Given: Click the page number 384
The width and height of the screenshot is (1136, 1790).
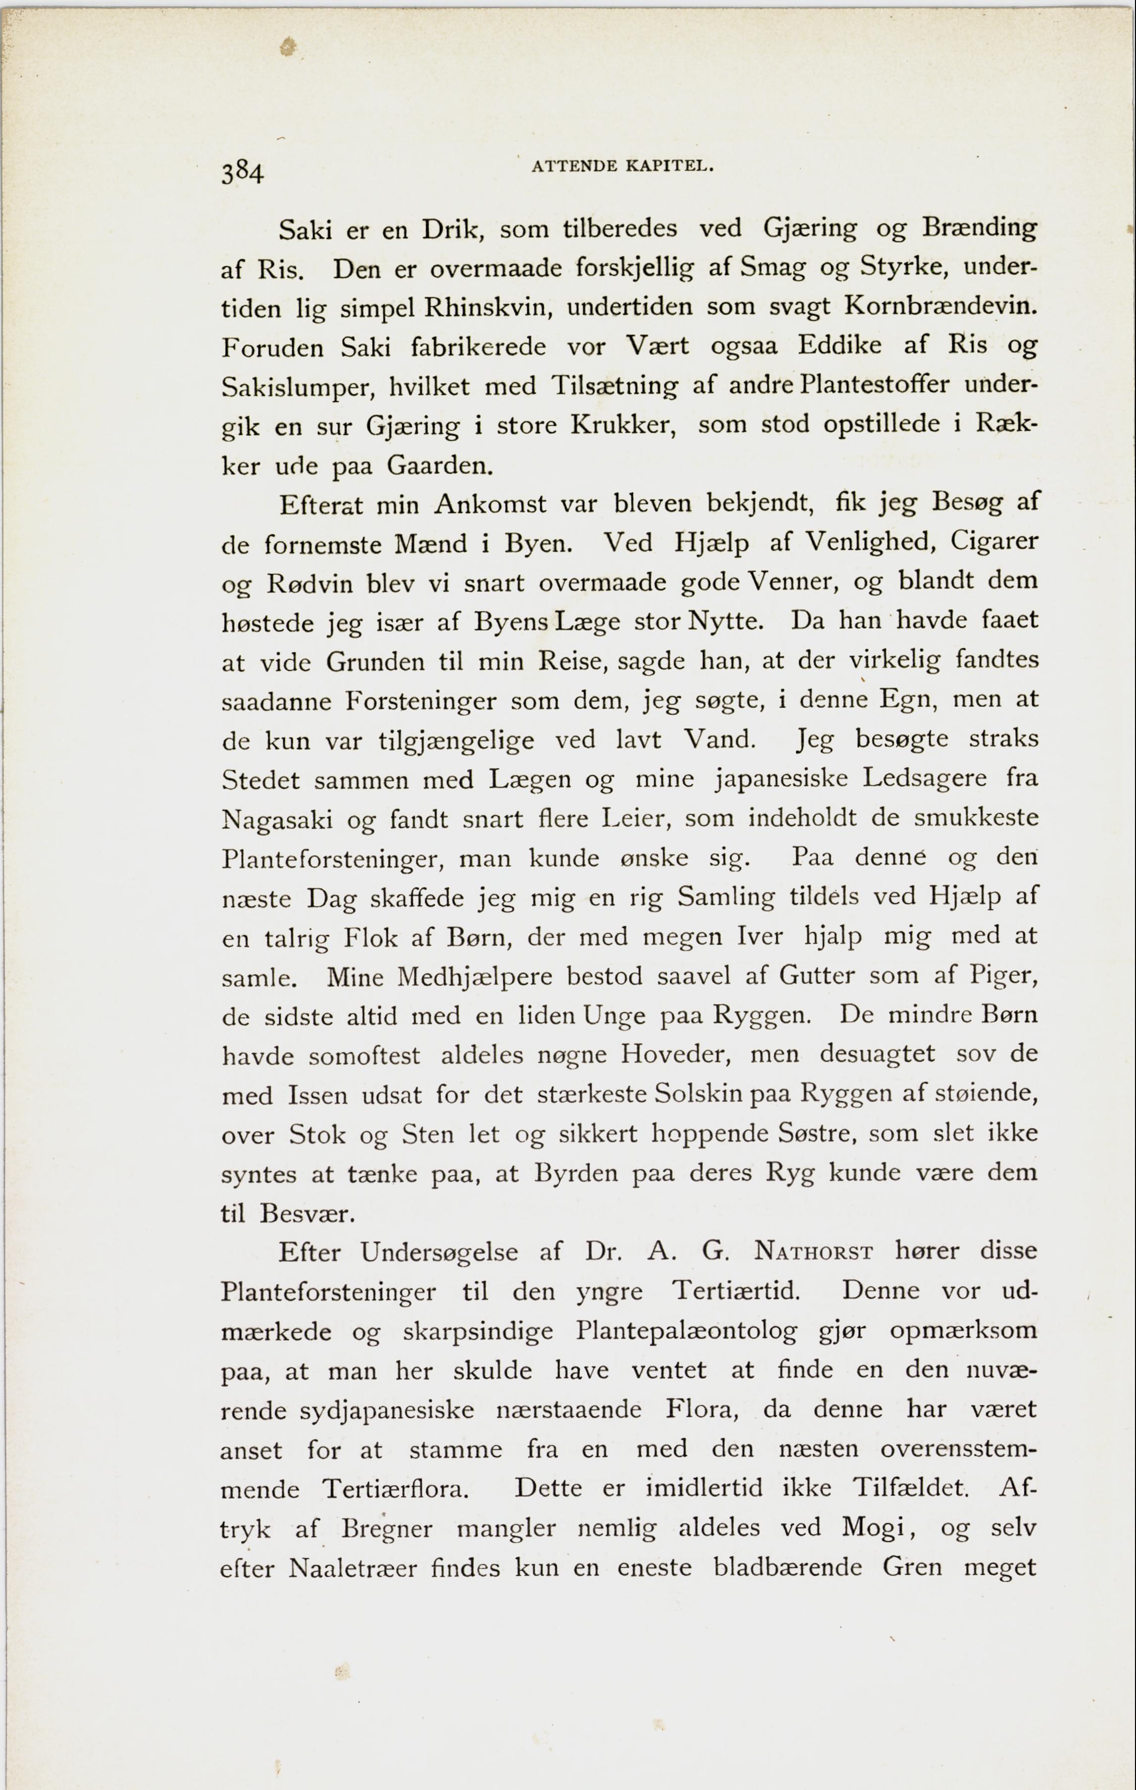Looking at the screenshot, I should click(243, 173).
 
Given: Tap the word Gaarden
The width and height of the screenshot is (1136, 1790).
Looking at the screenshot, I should click(440, 466).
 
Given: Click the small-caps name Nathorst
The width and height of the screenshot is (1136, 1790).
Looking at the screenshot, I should click(814, 1252).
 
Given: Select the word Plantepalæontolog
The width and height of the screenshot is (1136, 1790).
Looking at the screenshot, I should click(686, 1331).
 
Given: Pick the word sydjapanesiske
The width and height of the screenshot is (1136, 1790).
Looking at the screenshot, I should click(386, 1411).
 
